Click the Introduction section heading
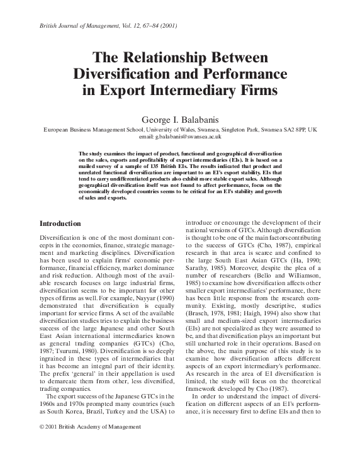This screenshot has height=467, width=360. (x=60, y=223)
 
